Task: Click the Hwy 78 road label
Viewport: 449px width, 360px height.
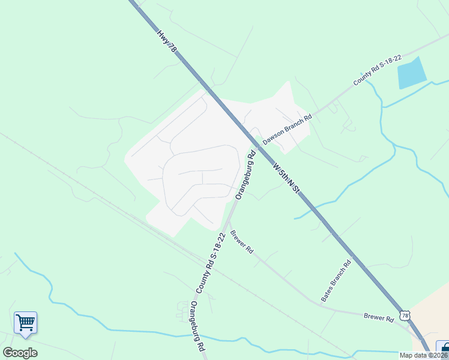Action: point(167,43)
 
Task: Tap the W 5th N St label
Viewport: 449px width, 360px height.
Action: point(286,181)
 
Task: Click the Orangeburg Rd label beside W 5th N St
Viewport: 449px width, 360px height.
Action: point(246,175)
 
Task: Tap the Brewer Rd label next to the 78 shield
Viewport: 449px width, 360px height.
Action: point(378,316)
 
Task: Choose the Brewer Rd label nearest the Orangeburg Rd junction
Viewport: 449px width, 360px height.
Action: point(241,242)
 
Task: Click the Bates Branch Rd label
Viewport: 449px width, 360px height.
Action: point(336,281)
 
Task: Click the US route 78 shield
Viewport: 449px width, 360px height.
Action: point(406,316)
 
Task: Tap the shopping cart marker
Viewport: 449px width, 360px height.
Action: point(25,323)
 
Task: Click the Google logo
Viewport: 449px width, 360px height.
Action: point(20,353)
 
